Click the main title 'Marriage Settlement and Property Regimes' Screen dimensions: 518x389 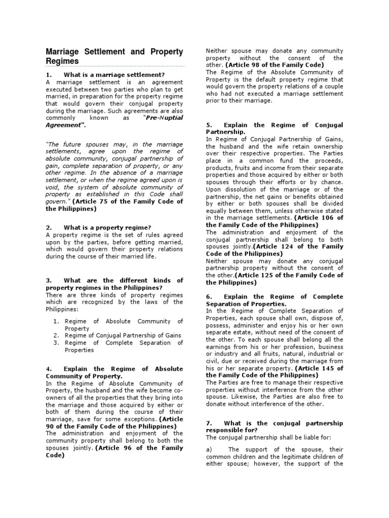point(114,56)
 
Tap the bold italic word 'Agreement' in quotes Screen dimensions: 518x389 point(63,124)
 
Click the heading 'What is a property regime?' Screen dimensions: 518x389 point(107,227)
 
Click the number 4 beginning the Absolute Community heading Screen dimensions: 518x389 point(48,369)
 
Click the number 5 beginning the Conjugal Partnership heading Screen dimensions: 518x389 point(208,125)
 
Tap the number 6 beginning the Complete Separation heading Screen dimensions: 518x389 point(208,296)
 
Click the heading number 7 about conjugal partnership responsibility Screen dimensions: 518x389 point(208,423)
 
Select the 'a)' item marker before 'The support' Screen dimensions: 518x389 point(208,449)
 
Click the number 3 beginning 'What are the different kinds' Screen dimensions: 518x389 point(48,280)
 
